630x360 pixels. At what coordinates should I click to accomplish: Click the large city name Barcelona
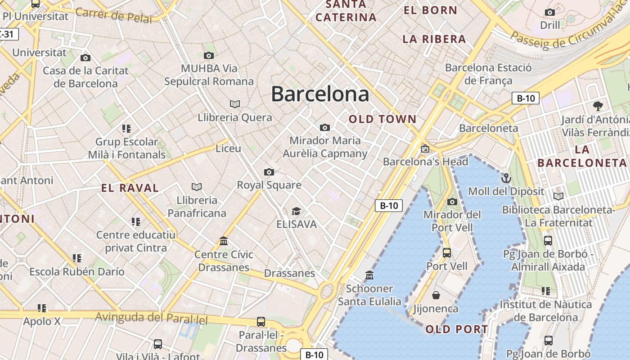320,94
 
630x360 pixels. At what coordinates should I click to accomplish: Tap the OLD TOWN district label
382,119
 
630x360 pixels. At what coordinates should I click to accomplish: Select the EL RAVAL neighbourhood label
130,188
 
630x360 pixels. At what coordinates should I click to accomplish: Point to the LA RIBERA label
434,39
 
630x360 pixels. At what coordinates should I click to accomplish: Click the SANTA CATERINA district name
346,11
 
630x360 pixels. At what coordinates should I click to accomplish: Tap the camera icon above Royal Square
269,172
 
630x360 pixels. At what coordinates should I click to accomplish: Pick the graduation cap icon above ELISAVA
296,211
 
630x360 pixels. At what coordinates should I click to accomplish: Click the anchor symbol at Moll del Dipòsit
506,178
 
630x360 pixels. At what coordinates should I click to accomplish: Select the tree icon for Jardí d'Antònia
598,106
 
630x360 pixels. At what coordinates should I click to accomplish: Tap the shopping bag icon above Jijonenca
436,295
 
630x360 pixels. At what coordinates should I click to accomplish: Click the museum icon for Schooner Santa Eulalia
369,275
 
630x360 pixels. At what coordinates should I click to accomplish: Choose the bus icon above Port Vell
446,253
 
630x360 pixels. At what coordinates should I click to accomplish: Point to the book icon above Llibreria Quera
235,104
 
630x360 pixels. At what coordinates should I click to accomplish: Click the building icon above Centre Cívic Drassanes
224,241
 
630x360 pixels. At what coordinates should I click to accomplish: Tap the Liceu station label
228,148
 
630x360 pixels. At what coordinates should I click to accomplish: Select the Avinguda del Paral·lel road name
151,318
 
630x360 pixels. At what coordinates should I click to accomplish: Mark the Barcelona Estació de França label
488,74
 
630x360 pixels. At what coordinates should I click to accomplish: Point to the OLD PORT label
457,329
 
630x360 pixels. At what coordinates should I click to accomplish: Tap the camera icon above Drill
550,12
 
